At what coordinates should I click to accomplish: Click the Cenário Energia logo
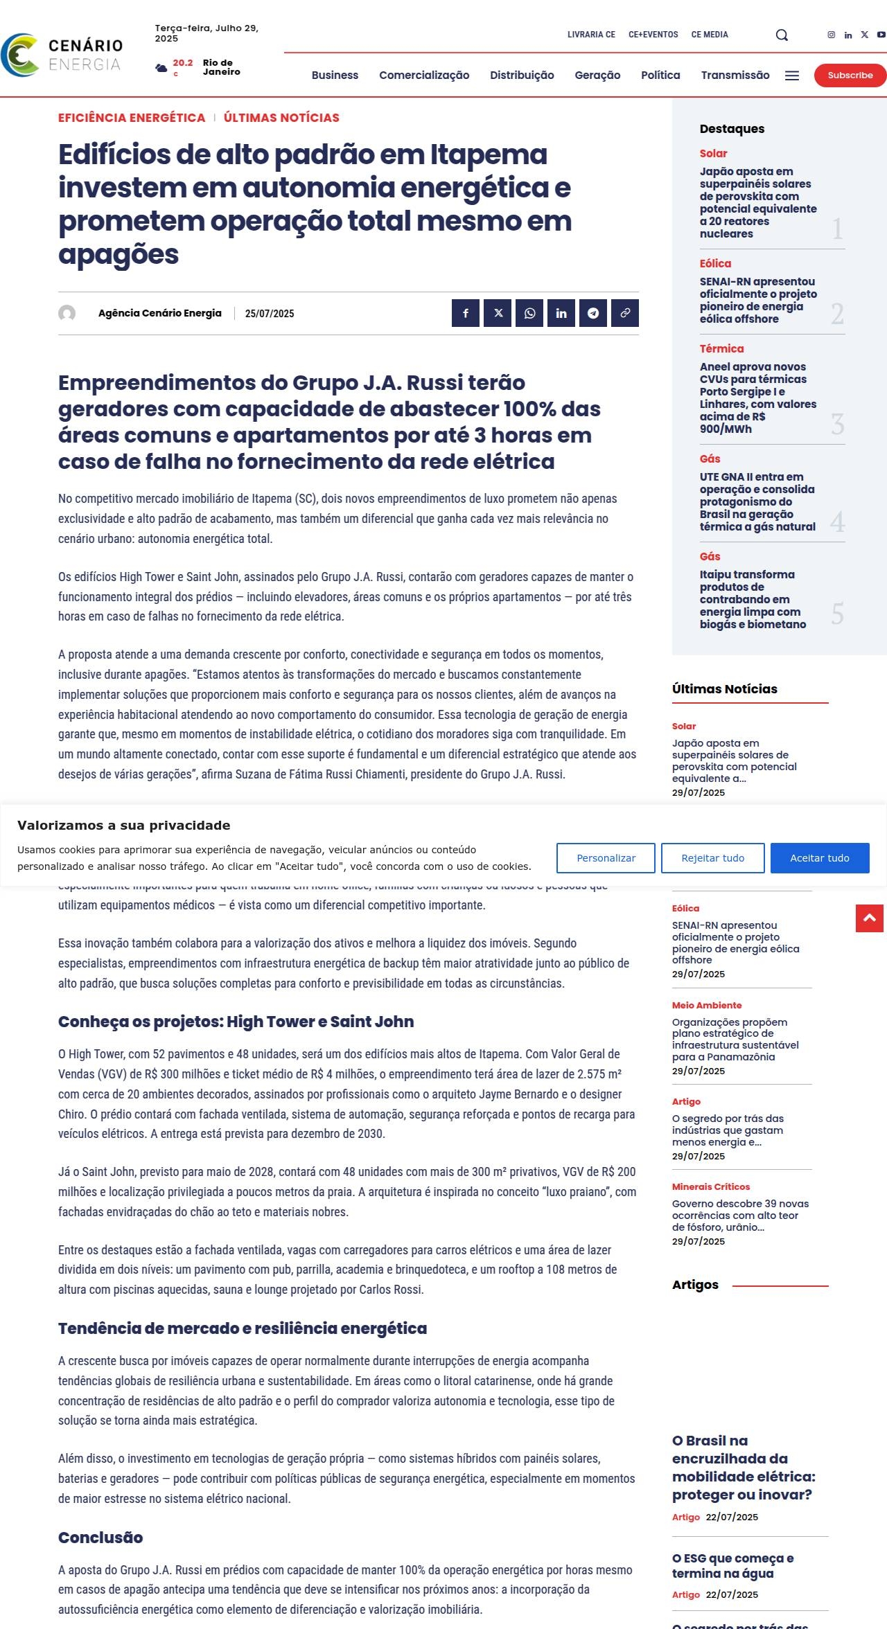(x=62, y=55)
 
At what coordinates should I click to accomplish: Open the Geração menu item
(x=597, y=75)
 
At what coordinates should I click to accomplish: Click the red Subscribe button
(x=850, y=75)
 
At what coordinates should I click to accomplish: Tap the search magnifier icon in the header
(x=782, y=35)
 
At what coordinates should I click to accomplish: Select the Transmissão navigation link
(x=735, y=75)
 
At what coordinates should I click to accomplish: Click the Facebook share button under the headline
(x=466, y=313)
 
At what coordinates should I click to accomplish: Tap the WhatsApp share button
(x=529, y=313)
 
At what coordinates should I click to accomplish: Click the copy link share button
(x=624, y=313)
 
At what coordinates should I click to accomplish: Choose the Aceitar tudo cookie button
(x=819, y=858)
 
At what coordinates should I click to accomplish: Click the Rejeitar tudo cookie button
(x=712, y=858)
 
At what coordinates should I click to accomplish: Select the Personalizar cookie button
(x=606, y=858)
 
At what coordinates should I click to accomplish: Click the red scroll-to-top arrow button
(x=869, y=918)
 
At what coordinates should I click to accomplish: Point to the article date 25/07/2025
(x=270, y=314)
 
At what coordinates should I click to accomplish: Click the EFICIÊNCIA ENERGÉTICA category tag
(x=132, y=118)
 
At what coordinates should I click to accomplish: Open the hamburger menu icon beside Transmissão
(x=792, y=75)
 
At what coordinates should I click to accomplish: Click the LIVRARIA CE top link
(x=591, y=35)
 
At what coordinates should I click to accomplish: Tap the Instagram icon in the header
(x=832, y=35)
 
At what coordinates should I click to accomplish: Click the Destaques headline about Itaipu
(x=753, y=599)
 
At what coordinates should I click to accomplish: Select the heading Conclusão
(x=100, y=1538)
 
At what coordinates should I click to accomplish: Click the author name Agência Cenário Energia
(x=160, y=313)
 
